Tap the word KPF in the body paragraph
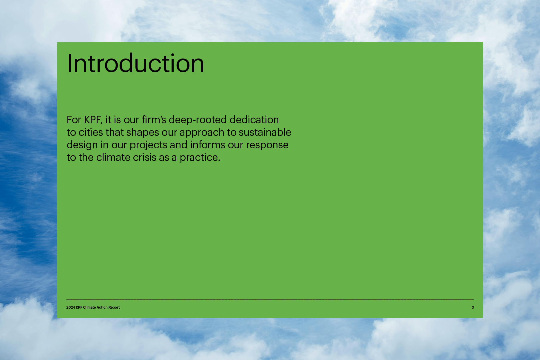93,120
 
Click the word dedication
254,120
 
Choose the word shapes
143,133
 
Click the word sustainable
265,132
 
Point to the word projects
148,145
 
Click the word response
267,145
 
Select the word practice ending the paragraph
200,158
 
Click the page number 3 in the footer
473,307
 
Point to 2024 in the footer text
70,307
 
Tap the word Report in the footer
114,307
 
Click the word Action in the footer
102,307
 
